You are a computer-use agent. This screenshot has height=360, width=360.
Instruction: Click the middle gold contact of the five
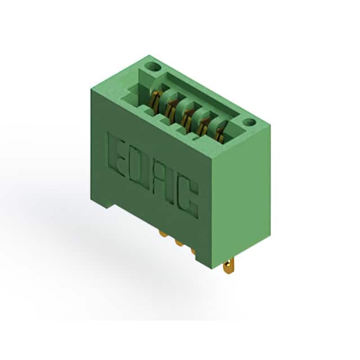186,118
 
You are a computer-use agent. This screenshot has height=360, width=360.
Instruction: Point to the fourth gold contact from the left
202,127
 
